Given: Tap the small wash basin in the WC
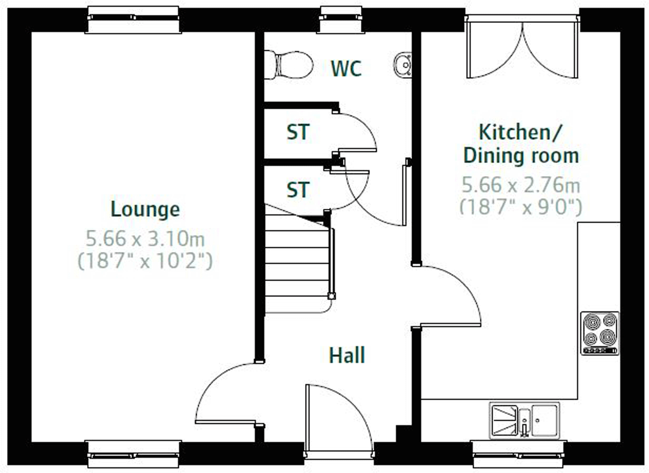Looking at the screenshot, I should [403, 65].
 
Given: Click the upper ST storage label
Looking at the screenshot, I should [298, 132].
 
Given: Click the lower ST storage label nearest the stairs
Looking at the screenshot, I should [298, 190].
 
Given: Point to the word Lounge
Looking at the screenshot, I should [145, 210].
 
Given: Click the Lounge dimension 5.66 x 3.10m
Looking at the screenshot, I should [145, 239].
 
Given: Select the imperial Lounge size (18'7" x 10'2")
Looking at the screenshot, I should [145, 261].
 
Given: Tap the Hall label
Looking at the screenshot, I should [347, 355].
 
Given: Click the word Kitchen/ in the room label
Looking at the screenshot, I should [520, 132].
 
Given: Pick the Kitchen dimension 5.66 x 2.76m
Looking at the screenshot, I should [521, 185].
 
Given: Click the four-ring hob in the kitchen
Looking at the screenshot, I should [600, 333].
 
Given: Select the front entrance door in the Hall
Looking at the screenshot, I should [339, 419].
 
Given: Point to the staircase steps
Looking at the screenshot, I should [297, 265].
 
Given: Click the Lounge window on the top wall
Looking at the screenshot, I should [133, 19].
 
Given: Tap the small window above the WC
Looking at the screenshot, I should [340, 19].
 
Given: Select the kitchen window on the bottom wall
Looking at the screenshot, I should [518, 454].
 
